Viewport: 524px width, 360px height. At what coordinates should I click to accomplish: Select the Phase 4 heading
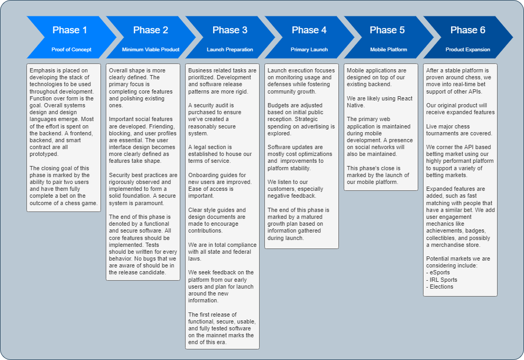[x=309, y=30]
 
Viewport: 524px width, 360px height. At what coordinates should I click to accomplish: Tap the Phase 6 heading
[x=468, y=30]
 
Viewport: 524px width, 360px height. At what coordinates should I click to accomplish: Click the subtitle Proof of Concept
[x=71, y=50]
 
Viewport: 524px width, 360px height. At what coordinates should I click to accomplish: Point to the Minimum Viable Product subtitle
[x=151, y=50]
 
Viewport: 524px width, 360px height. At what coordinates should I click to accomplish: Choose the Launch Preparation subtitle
[x=230, y=50]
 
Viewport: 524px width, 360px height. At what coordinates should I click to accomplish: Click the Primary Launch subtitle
[x=309, y=50]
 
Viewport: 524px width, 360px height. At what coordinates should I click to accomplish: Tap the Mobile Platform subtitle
[x=389, y=50]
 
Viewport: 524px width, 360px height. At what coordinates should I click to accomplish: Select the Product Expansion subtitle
[x=468, y=50]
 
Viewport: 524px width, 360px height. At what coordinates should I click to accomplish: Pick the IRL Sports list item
[x=443, y=280]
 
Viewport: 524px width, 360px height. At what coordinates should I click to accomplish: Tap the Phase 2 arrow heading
[x=151, y=30]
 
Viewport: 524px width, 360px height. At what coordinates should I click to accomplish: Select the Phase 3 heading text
[x=230, y=30]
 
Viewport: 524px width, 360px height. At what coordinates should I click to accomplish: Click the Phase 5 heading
[x=388, y=30]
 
